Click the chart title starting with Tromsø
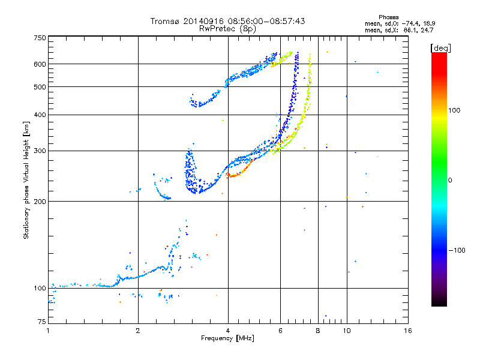228,21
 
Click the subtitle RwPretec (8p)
228,28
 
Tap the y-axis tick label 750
40,37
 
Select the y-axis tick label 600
40,64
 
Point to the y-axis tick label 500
40,87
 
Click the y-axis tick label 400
40,115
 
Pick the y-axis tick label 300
40,151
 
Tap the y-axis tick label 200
40,202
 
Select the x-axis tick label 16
407,331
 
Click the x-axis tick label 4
228,331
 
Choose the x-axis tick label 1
48,331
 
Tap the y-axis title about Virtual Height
26,180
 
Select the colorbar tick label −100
457,250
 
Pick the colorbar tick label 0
451,180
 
